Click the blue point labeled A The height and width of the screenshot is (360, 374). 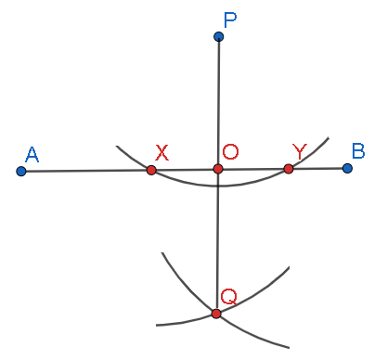21,172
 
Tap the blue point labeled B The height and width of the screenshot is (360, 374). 347,168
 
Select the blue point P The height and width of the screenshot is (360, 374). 218,37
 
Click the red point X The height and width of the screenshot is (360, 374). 151,170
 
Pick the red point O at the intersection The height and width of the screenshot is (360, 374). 218,169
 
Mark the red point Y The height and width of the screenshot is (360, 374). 289,168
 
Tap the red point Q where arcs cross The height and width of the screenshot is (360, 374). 216,314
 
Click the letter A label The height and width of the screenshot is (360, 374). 32,154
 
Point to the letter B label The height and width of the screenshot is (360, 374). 358,150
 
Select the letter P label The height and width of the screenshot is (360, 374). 229,19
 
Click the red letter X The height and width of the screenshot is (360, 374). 161,152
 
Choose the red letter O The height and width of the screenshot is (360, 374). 230,151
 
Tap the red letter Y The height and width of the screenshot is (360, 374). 299,150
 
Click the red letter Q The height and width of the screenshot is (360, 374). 228,296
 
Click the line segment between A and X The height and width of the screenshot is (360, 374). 86,171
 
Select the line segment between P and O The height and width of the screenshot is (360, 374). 218,102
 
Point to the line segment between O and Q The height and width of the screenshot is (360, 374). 217,241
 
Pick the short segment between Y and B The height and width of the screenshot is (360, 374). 318,168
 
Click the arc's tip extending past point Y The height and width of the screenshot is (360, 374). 328,138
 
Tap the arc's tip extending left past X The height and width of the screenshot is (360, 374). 118,147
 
